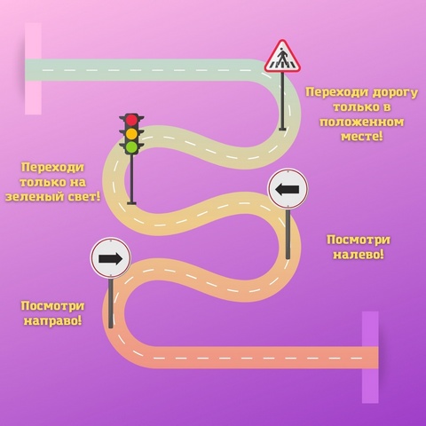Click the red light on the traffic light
(x=131, y=120)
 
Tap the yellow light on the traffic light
(x=131, y=134)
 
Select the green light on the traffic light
(x=131, y=147)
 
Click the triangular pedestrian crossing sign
(x=282, y=57)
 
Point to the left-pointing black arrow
(x=288, y=189)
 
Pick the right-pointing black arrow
(x=110, y=259)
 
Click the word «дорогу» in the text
(x=395, y=92)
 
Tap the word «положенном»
(x=361, y=122)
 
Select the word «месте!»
(x=361, y=137)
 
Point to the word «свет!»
(x=84, y=196)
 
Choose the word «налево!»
(x=359, y=255)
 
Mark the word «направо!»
(x=52, y=320)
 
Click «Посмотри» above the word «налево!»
(x=359, y=240)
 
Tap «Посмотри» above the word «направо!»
(x=52, y=306)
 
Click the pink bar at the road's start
(x=33, y=68)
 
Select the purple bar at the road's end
(x=370, y=357)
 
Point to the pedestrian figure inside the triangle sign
(x=282, y=57)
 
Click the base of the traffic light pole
(x=131, y=203)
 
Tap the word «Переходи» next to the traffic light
(x=52, y=168)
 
